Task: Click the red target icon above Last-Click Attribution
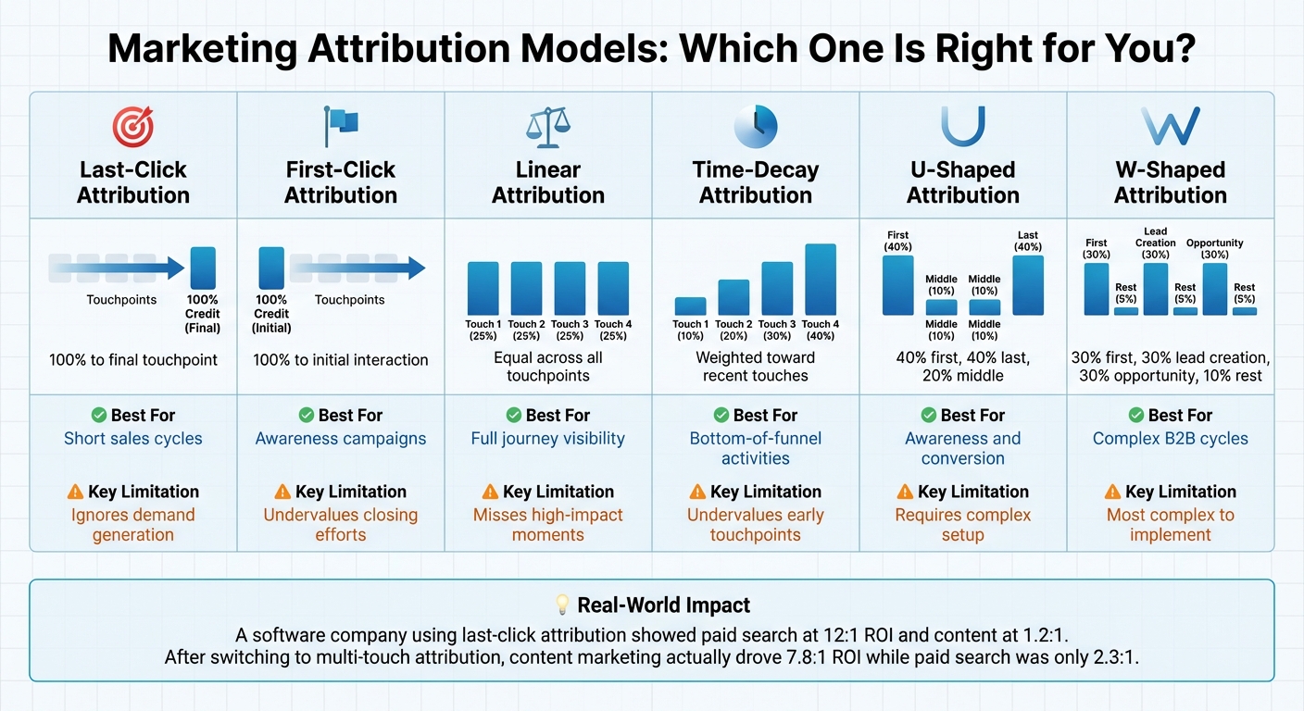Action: [x=132, y=127]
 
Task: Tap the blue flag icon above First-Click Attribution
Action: [x=340, y=127]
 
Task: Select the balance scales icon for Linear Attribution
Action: [x=547, y=127]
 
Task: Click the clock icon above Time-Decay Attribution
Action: [x=755, y=127]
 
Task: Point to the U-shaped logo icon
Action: [x=962, y=127]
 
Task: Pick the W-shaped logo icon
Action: [x=1170, y=127]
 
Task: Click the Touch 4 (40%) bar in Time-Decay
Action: [x=821, y=280]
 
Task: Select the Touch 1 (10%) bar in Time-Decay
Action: [x=690, y=306]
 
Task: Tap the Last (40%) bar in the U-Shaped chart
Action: [x=1028, y=285]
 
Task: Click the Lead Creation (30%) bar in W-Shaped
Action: [x=1156, y=289]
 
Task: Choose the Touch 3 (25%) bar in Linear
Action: [x=570, y=289]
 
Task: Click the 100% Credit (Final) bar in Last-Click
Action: [x=202, y=268]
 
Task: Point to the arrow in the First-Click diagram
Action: [x=357, y=268]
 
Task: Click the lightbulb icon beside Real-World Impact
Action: [x=562, y=605]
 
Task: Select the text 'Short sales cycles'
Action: [x=132, y=439]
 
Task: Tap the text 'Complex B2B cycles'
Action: [x=1170, y=439]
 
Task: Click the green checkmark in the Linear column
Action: [x=513, y=416]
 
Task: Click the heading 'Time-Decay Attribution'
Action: [x=755, y=182]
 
